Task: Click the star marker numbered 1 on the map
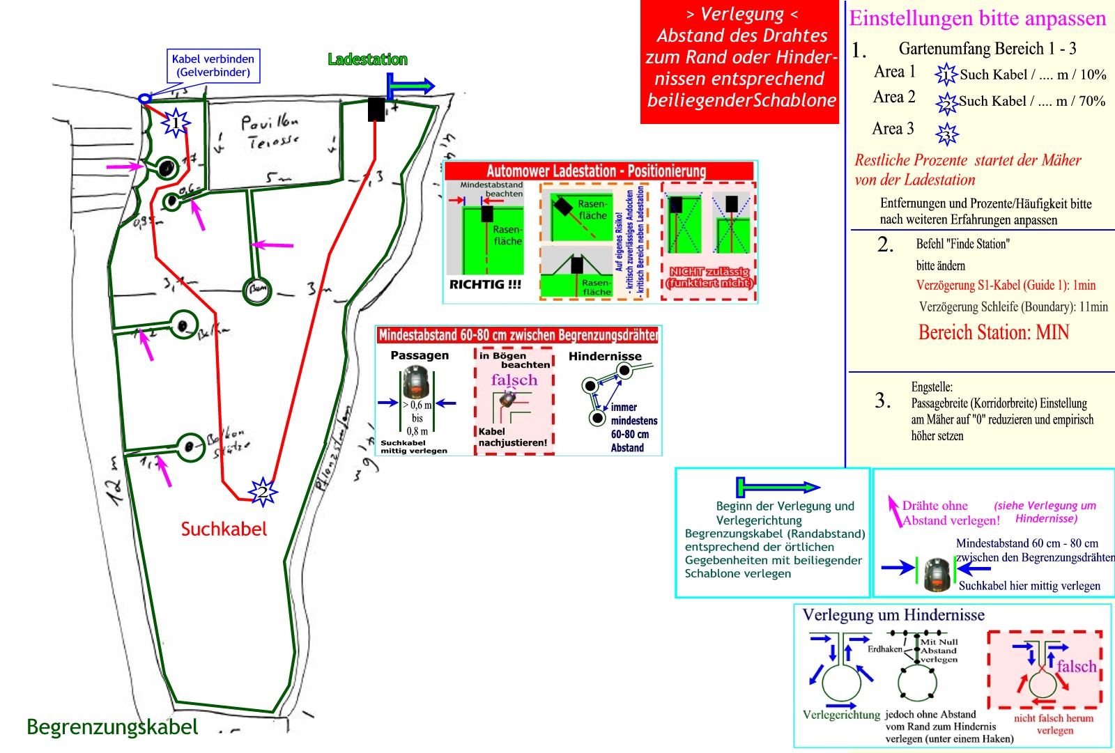click(x=176, y=123)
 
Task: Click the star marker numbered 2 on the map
click(x=263, y=492)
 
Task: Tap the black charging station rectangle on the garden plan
click(x=376, y=109)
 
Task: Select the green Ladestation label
click(x=367, y=60)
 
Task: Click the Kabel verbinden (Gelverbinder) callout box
click(x=213, y=65)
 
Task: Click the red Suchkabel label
click(x=224, y=529)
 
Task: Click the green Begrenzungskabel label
click(x=112, y=727)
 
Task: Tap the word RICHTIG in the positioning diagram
click(x=485, y=285)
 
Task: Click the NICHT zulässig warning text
click(x=709, y=277)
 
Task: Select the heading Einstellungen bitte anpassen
click(x=977, y=19)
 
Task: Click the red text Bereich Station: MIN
click(x=993, y=332)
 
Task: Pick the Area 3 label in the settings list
click(x=893, y=129)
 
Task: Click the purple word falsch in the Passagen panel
click(x=514, y=380)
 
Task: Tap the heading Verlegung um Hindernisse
click(x=893, y=615)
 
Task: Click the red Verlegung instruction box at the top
click(x=741, y=62)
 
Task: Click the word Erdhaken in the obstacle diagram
click(x=884, y=649)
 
